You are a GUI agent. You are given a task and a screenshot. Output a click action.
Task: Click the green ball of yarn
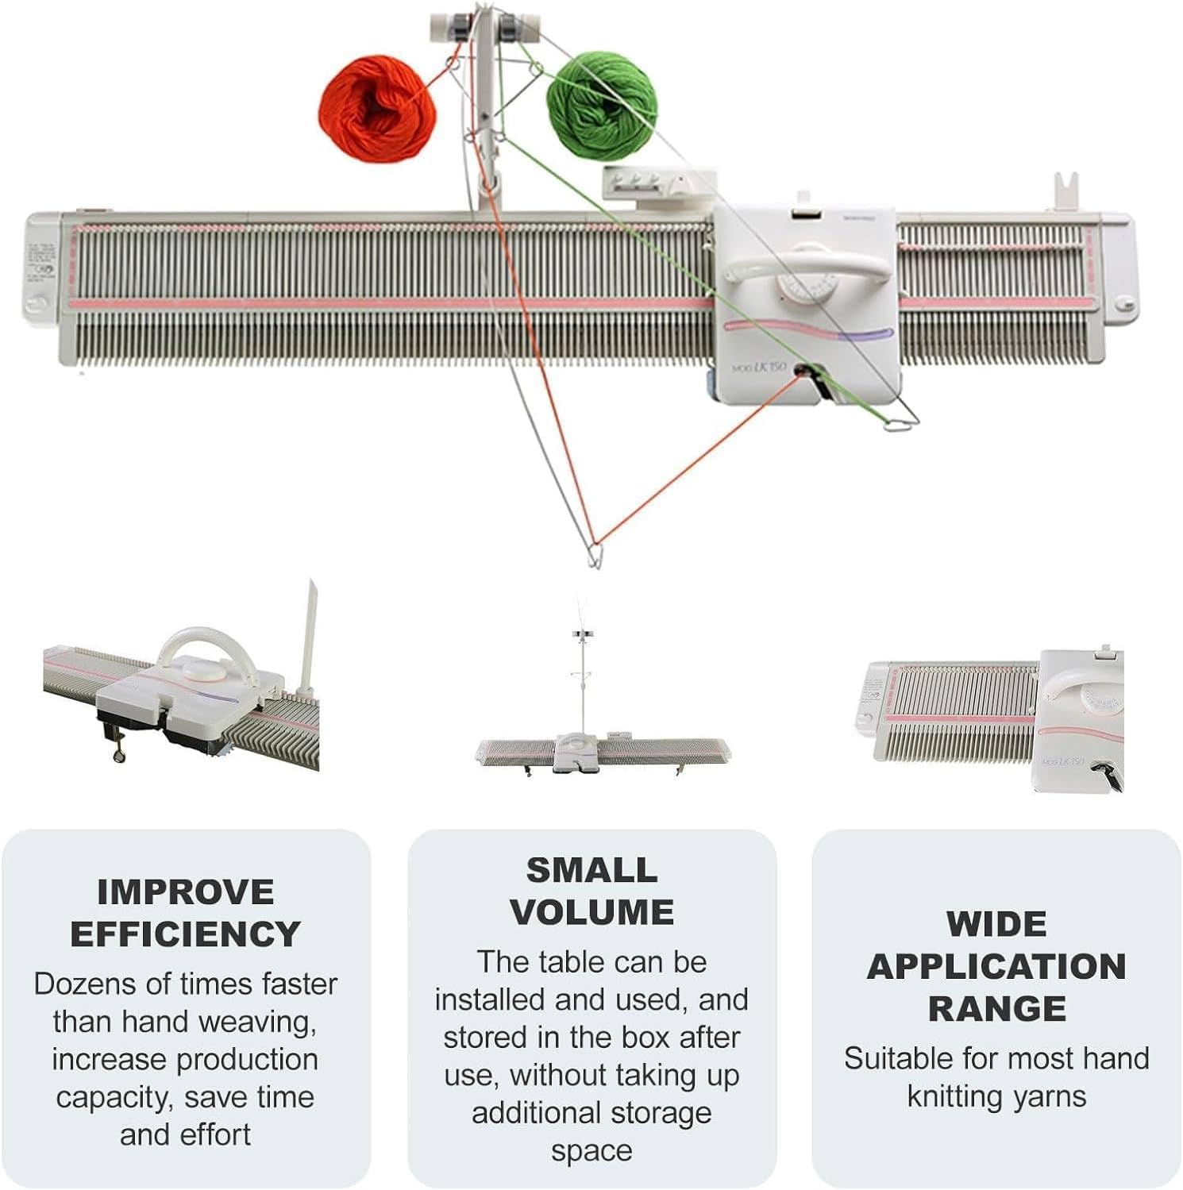click(x=603, y=103)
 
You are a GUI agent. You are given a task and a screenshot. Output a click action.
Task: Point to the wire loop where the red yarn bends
click(x=594, y=553)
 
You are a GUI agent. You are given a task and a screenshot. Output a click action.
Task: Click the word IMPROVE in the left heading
click(x=185, y=892)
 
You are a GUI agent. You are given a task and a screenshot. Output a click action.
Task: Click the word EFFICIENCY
click(x=185, y=934)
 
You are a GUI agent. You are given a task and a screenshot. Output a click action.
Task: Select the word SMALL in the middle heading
click(x=591, y=870)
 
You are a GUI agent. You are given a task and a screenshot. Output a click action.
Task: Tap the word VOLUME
click(x=591, y=912)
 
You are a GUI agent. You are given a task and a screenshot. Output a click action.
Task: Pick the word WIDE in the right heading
click(x=996, y=924)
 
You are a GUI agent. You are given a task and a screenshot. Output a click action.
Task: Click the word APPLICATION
click(x=996, y=966)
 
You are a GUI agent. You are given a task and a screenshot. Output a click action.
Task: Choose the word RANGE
click(x=996, y=1008)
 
